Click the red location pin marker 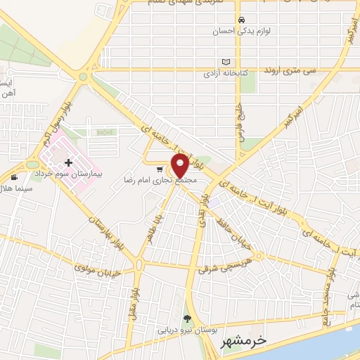(179, 167)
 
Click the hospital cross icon (67, 163)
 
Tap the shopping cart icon (160, 169)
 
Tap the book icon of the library (225, 62)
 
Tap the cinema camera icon (15, 176)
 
